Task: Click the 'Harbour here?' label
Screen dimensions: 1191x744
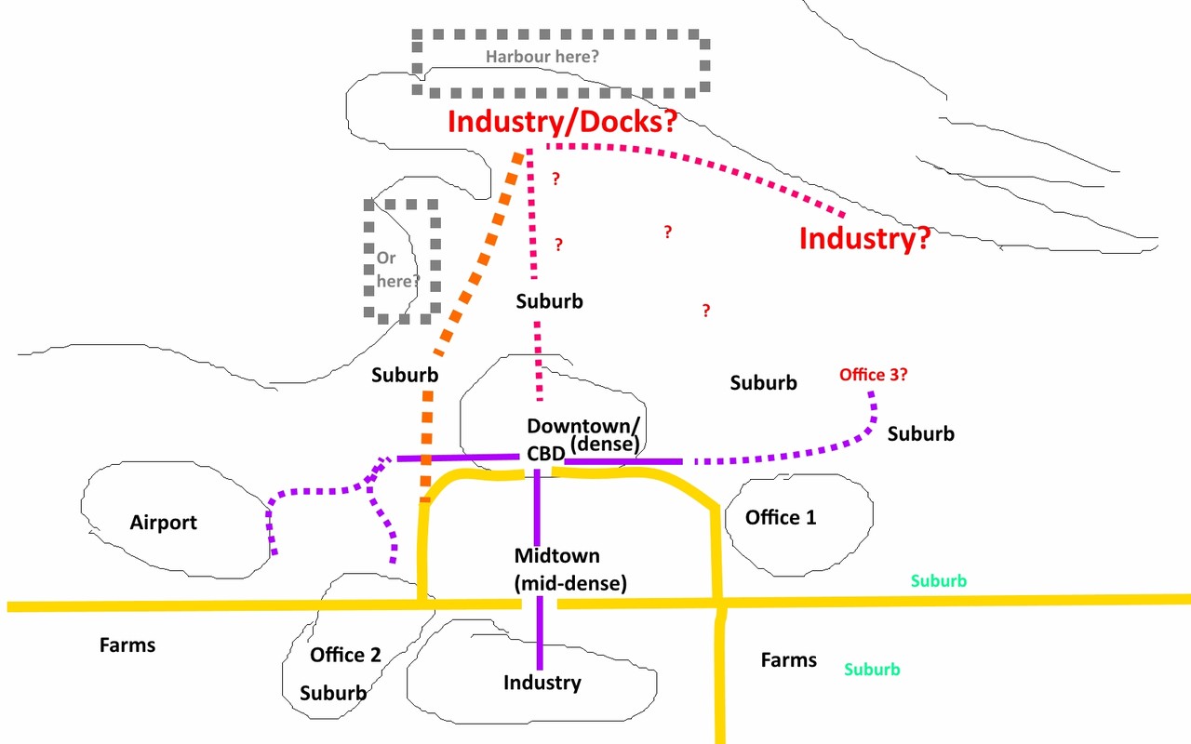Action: coord(542,57)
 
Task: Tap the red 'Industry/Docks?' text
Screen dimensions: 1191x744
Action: coord(563,122)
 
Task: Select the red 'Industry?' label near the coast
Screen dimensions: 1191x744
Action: coord(865,238)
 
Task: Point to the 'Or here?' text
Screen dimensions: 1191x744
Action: coord(397,270)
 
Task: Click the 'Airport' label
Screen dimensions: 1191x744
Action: coord(163,523)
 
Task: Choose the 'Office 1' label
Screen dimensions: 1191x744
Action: coord(781,518)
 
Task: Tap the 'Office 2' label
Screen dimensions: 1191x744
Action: coord(345,655)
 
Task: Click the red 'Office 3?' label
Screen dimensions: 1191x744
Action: coord(874,375)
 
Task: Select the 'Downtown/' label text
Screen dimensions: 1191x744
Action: coord(583,426)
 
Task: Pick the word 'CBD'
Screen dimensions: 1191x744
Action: coord(545,454)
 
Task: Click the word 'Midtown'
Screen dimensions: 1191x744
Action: coord(556,556)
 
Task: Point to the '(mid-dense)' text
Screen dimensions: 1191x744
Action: coord(570,583)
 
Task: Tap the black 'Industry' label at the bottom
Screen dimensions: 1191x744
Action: coord(542,683)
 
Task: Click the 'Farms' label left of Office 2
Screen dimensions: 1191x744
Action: coord(127,645)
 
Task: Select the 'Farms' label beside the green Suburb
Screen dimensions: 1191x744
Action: coord(789,660)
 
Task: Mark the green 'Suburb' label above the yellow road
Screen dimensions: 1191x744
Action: coord(939,581)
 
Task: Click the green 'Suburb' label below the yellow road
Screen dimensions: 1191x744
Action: coord(873,670)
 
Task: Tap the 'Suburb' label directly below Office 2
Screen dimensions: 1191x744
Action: coord(333,693)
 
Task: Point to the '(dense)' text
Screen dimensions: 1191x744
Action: coord(605,445)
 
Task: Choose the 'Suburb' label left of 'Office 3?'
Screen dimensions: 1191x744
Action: coord(764,383)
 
